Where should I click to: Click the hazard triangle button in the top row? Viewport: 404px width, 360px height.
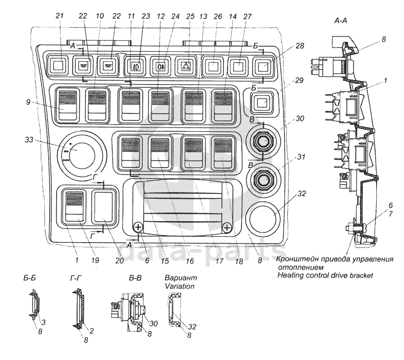(x=186, y=67)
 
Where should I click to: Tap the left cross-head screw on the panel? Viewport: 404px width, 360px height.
(x=138, y=227)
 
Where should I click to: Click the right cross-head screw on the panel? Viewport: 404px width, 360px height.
(x=227, y=228)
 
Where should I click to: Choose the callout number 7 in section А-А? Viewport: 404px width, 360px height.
(x=391, y=214)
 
